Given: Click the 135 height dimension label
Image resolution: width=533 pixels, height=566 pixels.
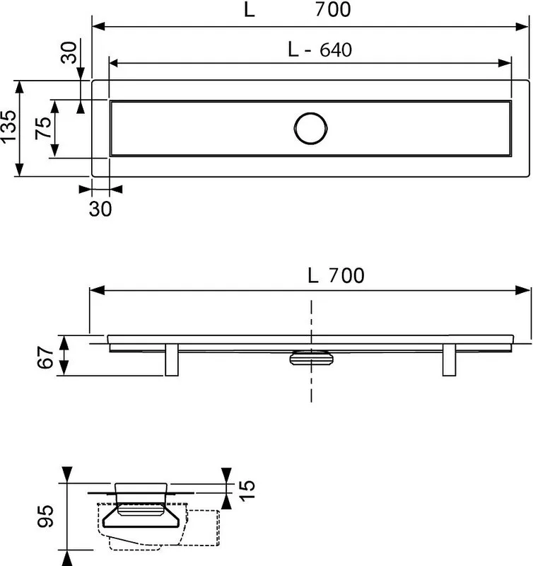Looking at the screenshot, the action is click(x=8, y=127).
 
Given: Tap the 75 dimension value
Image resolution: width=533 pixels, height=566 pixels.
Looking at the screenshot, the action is click(x=43, y=128).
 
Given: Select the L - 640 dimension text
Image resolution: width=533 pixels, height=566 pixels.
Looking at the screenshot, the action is click(x=320, y=50).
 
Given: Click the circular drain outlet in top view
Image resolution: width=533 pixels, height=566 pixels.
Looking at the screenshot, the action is click(x=310, y=129).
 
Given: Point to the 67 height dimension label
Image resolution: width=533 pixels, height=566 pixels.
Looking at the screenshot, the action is click(x=46, y=357).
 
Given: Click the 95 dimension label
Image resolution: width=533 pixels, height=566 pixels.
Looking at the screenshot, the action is click(x=46, y=516).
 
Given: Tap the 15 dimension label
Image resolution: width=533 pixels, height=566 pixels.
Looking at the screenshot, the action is click(x=247, y=490).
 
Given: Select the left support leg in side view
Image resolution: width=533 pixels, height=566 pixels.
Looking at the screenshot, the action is click(x=172, y=360).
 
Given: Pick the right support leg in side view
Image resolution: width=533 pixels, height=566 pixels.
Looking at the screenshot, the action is click(x=449, y=360).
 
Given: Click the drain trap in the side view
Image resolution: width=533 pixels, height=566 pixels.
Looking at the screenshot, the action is click(x=311, y=357).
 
